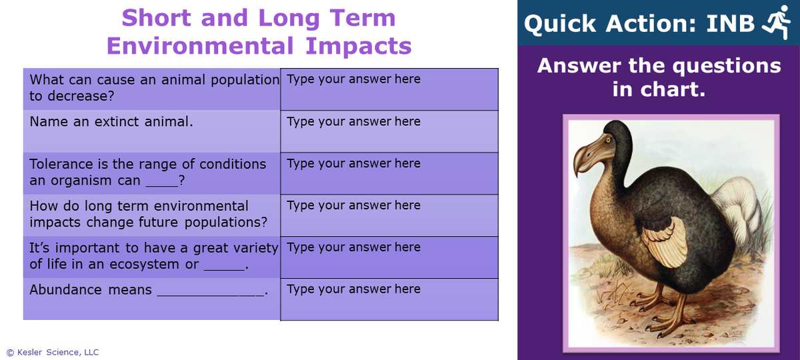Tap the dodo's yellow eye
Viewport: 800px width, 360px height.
point(608,139)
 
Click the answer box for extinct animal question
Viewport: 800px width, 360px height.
point(389,131)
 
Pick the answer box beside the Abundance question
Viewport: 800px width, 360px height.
point(389,299)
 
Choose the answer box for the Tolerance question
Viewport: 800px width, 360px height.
point(389,173)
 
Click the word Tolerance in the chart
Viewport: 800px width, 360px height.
point(62,164)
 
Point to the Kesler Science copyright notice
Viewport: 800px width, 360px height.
point(53,352)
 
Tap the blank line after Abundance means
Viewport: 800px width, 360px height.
point(211,291)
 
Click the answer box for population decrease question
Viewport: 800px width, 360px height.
point(389,89)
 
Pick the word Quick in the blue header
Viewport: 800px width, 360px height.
point(561,24)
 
